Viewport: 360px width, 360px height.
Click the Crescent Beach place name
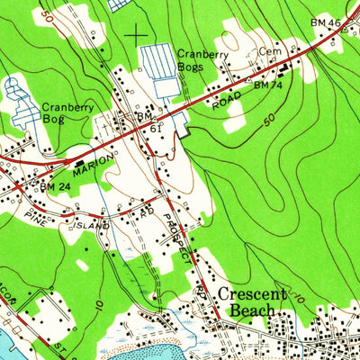coord(251,302)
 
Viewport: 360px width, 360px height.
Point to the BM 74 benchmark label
coord(267,85)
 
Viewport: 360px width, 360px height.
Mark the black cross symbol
coord(136,35)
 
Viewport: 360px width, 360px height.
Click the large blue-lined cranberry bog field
coord(162,72)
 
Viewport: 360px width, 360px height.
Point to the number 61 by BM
coord(156,129)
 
